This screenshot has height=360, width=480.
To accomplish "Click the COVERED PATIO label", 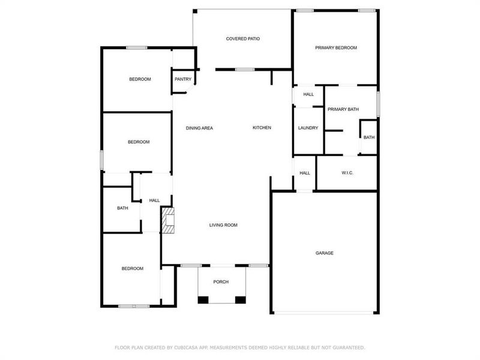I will pos(242,39).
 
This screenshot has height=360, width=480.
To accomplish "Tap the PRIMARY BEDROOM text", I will pos(336,48).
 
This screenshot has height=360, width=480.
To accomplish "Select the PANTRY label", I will pos(183,79).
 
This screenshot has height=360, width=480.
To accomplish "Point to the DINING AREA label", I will pos(199,128).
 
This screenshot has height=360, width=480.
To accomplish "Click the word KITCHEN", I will pos(262,128).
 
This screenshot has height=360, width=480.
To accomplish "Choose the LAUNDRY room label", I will pos(308,128).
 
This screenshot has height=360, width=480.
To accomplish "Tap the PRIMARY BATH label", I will pos(343,109).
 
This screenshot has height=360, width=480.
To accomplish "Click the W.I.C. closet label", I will pos(347,173).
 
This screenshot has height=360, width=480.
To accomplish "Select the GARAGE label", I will pos(325,253).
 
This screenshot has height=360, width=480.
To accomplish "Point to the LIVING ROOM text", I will pos(223,226).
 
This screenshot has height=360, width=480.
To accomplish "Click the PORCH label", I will pos(221,282).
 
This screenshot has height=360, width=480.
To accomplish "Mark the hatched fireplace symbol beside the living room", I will pos(167,221).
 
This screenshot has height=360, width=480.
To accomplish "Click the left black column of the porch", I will pos(203,299).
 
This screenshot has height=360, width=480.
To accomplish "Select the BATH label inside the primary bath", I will pos(368,137).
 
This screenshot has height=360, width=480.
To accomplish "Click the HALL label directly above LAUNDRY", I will pos(308,94).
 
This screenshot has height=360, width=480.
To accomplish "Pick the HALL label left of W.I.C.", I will pos(305,173).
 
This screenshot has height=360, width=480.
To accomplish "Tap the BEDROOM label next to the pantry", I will pos(140,79).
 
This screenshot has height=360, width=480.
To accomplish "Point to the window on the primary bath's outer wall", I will pos(378,103).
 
